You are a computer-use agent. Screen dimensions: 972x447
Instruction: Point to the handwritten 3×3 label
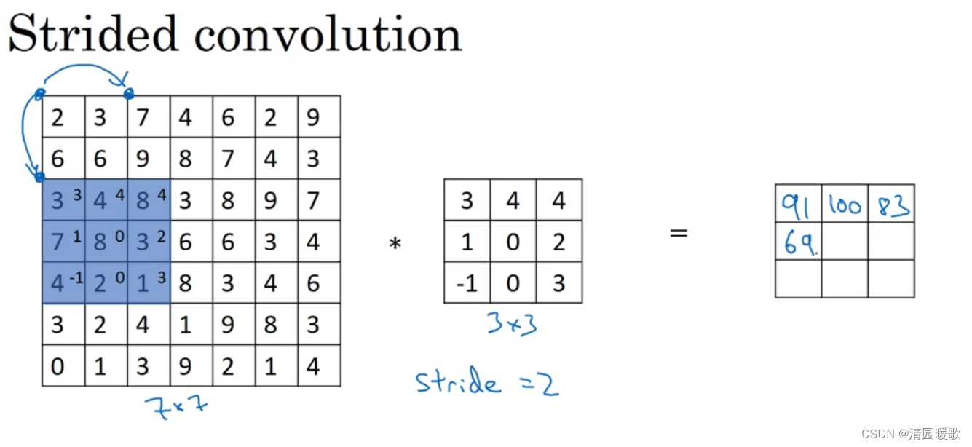tap(513, 323)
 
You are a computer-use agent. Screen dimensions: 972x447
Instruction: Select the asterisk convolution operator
tap(395, 244)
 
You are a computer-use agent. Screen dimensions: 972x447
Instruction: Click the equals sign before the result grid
tap(679, 233)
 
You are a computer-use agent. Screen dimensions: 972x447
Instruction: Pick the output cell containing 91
tap(799, 205)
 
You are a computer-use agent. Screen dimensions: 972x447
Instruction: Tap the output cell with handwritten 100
tap(845, 205)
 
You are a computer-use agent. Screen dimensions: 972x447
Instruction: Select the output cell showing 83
tap(891, 205)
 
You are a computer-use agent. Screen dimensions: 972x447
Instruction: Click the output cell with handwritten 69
tap(799, 242)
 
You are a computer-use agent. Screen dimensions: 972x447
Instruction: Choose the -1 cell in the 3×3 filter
tap(467, 282)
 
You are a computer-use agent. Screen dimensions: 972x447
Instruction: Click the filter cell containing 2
tap(558, 241)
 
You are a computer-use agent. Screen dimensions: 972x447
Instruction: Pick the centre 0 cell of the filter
tap(513, 241)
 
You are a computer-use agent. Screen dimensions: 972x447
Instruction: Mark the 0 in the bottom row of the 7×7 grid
tap(58, 366)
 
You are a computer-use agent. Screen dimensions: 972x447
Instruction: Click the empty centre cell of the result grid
tap(845, 242)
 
